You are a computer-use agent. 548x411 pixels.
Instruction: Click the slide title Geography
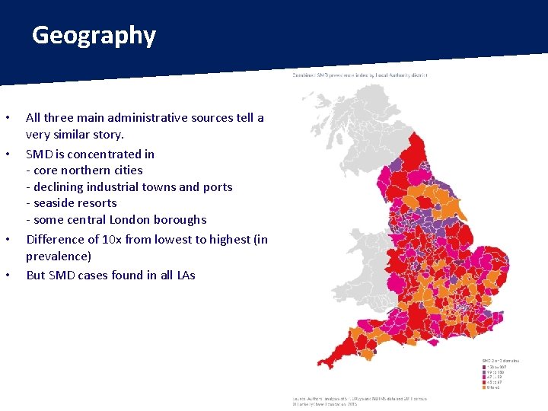94,36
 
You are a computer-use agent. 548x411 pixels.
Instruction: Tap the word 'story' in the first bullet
107,135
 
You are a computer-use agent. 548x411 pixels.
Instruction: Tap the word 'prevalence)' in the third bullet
59,256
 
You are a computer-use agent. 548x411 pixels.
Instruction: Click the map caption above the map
360,75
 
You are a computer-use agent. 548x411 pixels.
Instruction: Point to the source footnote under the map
360,400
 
